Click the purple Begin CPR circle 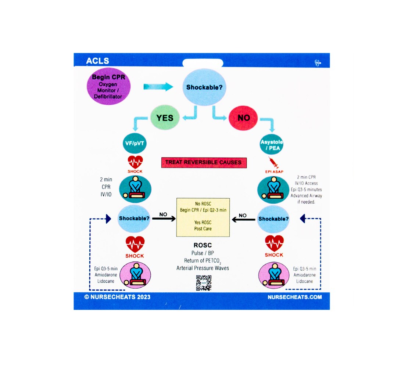[x=108, y=88]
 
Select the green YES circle [x=165, y=118]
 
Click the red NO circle [x=243, y=118]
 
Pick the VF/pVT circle [x=134, y=144]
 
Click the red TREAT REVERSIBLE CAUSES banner [x=204, y=162]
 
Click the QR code [x=204, y=283]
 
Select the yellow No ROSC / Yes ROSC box [x=203, y=217]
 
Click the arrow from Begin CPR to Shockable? [x=158, y=87]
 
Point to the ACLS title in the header [x=97, y=61]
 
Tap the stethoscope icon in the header [x=318, y=63]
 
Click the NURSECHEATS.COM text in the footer [x=295, y=297]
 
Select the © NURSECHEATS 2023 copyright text [x=117, y=297]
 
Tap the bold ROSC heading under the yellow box [x=203, y=245]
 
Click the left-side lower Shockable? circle [x=134, y=219]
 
